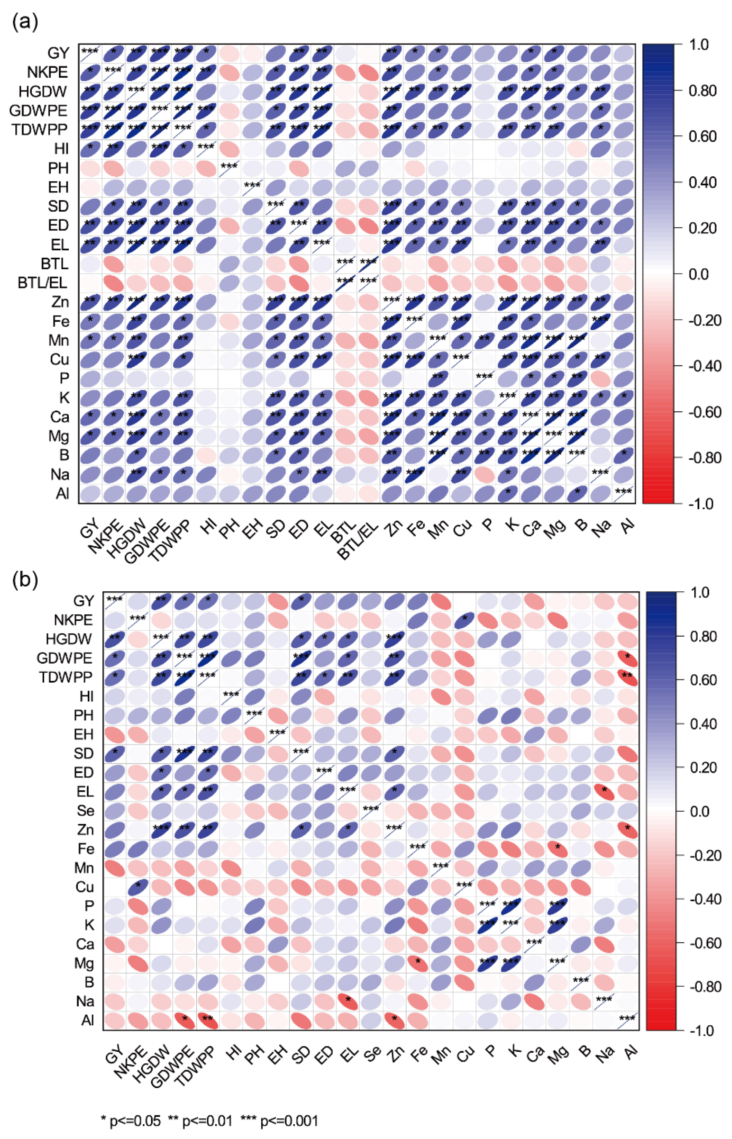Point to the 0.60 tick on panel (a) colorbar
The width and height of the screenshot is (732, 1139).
click(702, 137)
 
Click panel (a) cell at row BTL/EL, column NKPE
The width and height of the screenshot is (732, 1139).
click(113, 283)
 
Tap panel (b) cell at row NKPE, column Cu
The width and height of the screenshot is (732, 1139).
click(465, 620)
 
